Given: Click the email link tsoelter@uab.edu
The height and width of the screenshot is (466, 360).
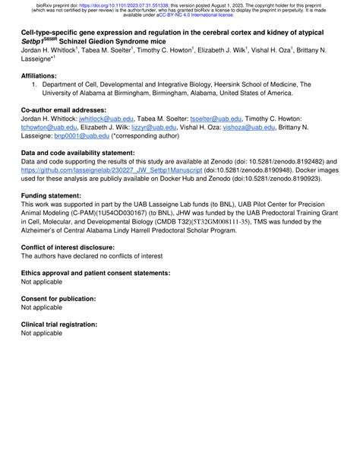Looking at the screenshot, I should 216,119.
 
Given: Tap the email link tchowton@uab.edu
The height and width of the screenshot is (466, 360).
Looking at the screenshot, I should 49,128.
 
